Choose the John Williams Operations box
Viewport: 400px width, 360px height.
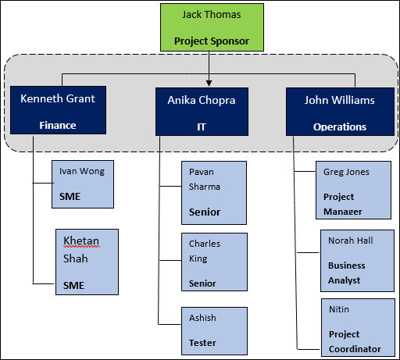pos(339,111)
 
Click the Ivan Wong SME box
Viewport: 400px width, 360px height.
pos(82,183)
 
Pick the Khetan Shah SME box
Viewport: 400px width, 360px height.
pos(87,262)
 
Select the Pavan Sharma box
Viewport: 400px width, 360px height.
pos(214,192)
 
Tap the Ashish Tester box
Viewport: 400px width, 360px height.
pos(214,330)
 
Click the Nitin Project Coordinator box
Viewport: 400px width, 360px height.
pos(357,328)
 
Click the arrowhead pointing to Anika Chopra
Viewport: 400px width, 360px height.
pos(209,81)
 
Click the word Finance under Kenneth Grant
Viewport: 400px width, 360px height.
pos(57,124)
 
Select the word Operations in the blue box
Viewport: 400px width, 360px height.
pos(339,126)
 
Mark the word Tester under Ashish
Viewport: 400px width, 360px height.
pos(202,343)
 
